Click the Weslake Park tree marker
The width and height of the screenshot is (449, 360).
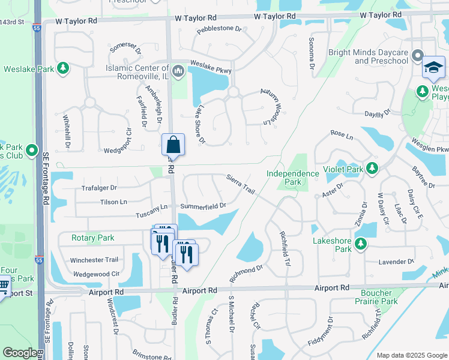pyautogui.click(x=63, y=68)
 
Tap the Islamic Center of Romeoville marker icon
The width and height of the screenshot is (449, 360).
pyautogui.click(x=178, y=73)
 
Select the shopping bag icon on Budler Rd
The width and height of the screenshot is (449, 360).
pyautogui.click(x=173, y=145)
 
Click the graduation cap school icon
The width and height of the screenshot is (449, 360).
pyautogui.click(x=433, y=68)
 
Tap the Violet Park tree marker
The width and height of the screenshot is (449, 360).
pyautogui.click(x=373, y=169)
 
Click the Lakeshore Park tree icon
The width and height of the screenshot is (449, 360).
pyautogui.click(x=360, y=243)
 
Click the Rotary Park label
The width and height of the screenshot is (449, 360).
pyautogui.click(x=92, y=238)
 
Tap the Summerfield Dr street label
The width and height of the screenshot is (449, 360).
pyautogui.click(x=203, y=206)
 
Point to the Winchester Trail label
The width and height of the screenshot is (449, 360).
pyautogui.click(x=94, y=260)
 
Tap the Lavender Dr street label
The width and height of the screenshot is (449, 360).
pyautogui.click(x=397, y=262)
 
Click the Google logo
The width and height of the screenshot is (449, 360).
pyautogui.click(x=20, y=353)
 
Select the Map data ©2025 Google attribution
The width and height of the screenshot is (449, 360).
pyautogui.click(x=411, y=355)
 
